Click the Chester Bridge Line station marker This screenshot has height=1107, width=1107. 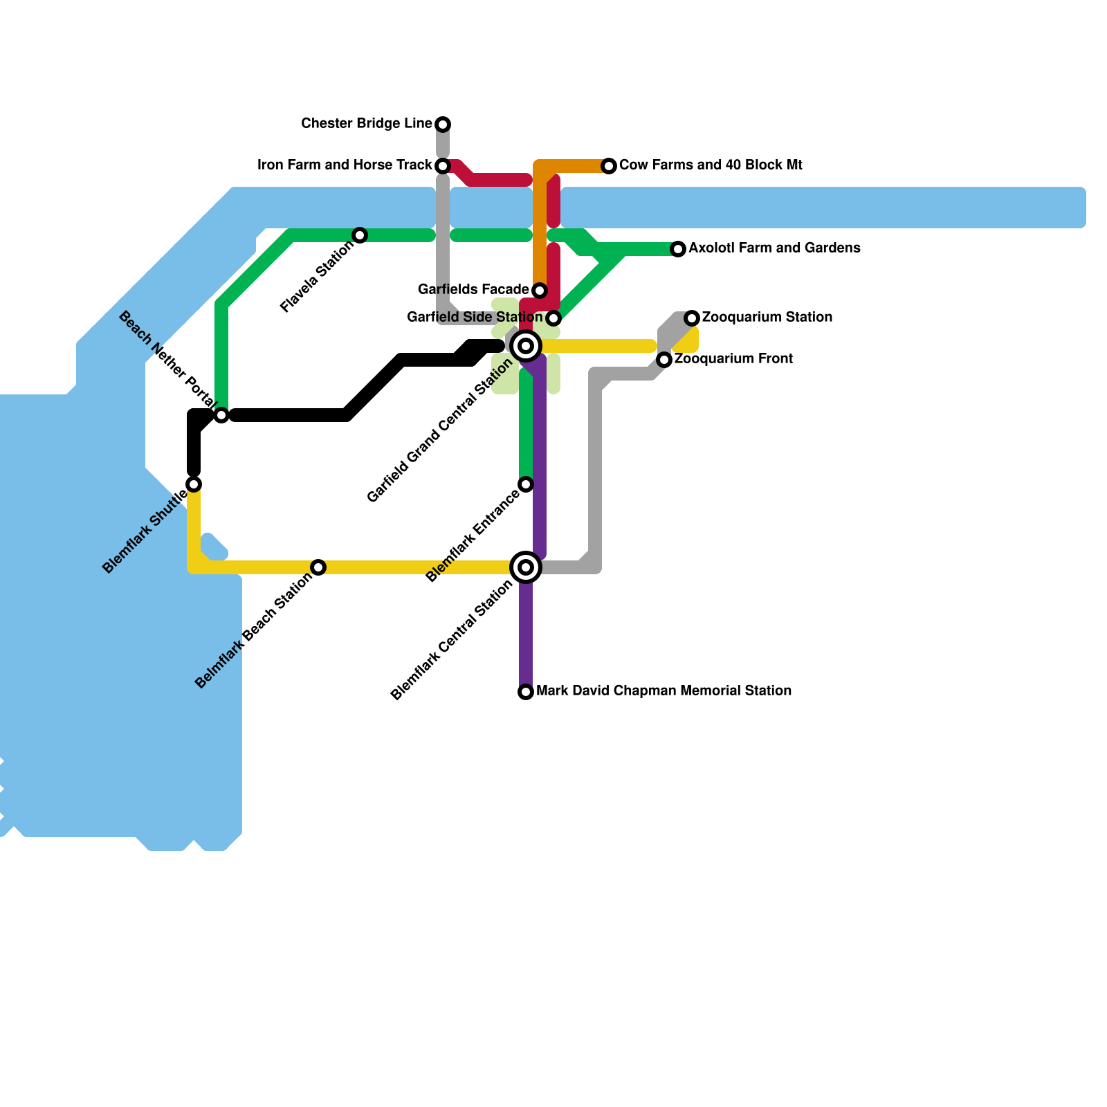pyautogui.click(x=443, y=125)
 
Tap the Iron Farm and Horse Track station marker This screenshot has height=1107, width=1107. pyautogui.click(x=443, y=166)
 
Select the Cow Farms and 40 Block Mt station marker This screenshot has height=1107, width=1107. pyautogui.click(x=609, y=166)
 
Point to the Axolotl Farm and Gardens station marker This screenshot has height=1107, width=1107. pyautogui.click(x=678, y=249)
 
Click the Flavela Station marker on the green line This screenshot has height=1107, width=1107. pyautogui.click(x=360, y=235)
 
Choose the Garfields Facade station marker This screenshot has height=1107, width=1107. pyautogui.click(x=540, y=291)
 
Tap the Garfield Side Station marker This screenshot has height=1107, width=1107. pyautogui.click(x=553, y=318)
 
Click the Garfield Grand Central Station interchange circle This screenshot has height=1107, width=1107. pyautogui.click(x=526, y=346)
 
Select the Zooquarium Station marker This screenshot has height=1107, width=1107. pyautogui.click(x=692, y=318)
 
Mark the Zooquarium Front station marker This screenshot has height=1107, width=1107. pyautogui.click(x=664, y=360)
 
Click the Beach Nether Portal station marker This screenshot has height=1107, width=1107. pyautogui.click(x=221, y=415)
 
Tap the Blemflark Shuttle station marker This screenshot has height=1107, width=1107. pyautogui.click(x=194, y=484)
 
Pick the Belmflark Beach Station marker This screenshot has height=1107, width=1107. pyautogui.click(x=318, y=567)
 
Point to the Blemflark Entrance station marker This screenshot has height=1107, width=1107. pyautogui.click(x=526, y=484)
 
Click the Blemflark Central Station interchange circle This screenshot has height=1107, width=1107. pyautogui.click(x=526, y=567)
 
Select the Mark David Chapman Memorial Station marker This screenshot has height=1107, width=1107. pyautogui.click(x=526, y=692)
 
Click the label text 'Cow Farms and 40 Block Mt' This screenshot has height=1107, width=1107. pyautogui.click(x=711, y=165)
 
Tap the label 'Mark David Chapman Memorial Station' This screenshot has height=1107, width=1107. pyautogui.click(x=664, y=691)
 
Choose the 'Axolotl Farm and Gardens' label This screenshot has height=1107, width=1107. pyautogui.click(x=774, y=248)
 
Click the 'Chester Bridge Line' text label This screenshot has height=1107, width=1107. pyautogui.click(x=367, y=124)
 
